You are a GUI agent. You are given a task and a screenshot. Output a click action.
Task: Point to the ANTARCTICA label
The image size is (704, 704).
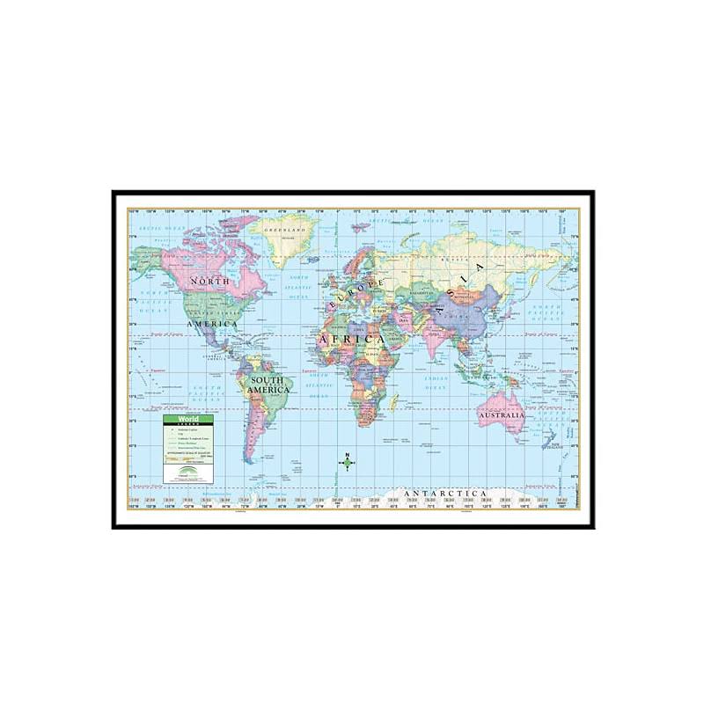pos(441,493)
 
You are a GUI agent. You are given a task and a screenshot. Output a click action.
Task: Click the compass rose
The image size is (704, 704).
pos(348,464)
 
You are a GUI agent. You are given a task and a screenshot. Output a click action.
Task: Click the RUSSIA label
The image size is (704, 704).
pos(458,260)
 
